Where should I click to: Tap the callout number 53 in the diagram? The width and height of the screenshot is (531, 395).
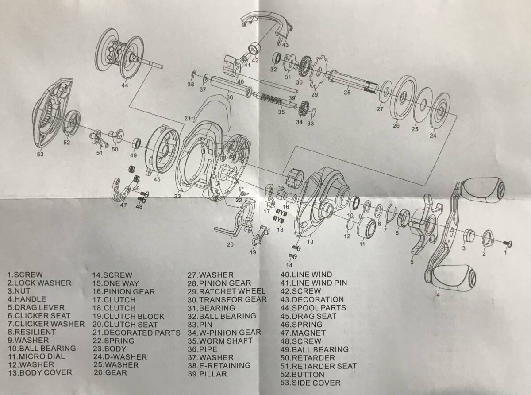(x=40, y=154)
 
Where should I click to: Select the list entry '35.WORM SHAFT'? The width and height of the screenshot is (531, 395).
(x=220, y=341)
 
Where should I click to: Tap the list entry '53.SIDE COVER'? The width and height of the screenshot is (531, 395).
(x=311, y=383)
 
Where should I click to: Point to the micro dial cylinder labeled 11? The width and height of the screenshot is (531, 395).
(x=367, y=228)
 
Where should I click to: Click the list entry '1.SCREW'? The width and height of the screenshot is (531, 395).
(x=25, y=275)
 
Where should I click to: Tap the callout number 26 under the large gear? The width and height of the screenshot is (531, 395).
(x=396, y=125)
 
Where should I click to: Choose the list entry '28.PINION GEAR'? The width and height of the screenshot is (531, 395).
(x=219, y=283)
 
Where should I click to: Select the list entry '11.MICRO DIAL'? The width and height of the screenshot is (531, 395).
(x=36, y=356)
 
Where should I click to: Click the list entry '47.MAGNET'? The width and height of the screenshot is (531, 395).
(x=303, y=333)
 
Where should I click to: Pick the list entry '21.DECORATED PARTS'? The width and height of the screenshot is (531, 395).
(x=136, y=333)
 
